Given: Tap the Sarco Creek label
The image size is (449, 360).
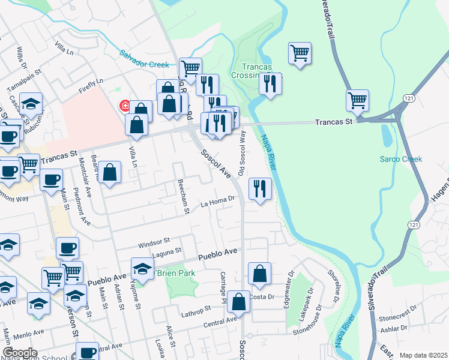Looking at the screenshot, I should tap(400, 159).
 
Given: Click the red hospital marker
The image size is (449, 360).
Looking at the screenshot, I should tap(125, 106).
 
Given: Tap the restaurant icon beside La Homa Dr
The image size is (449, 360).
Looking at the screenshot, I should tap(260, 189).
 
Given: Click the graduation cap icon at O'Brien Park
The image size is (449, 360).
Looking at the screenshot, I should tap(142, 269).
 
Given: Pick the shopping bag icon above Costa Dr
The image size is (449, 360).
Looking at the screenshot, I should tap(259, 274).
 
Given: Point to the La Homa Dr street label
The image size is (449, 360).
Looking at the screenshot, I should tap(216, 204).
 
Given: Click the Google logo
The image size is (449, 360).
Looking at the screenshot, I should tap(20, 353).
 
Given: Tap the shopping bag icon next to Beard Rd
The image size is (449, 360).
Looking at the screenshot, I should tap(110, 173).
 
